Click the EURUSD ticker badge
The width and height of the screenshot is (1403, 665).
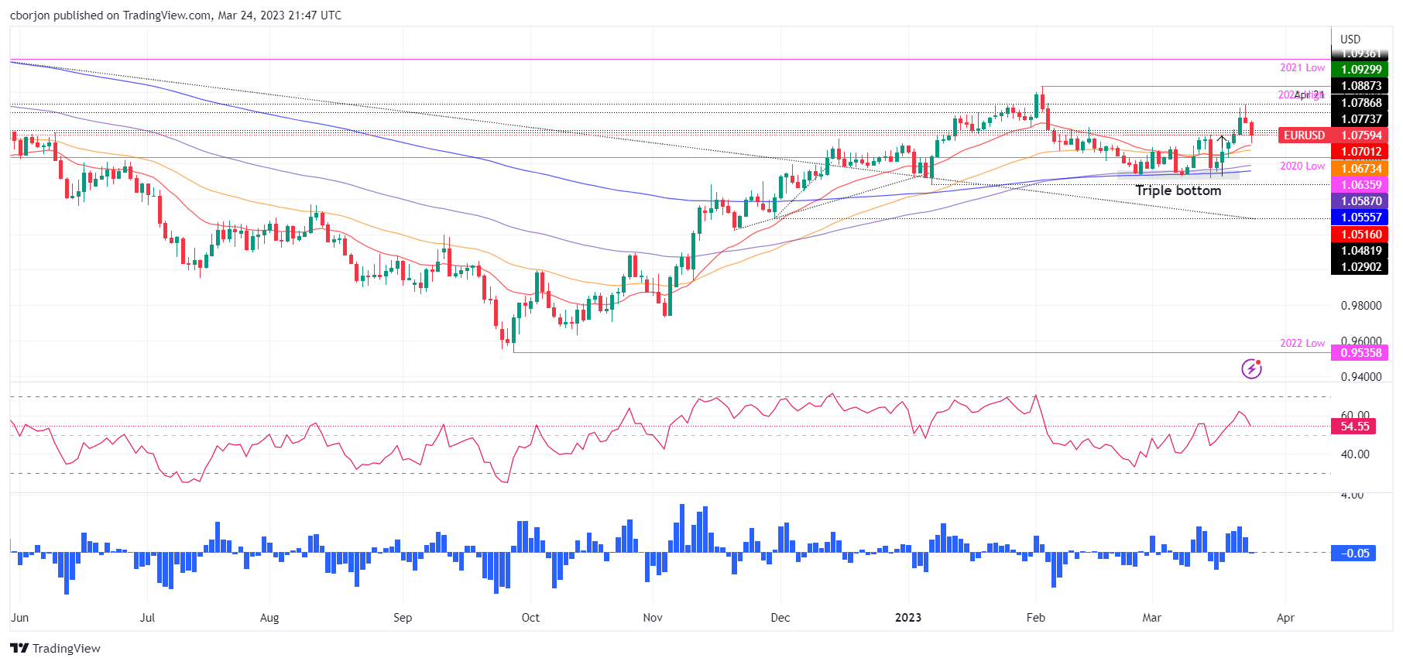1304,135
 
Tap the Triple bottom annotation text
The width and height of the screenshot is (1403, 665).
1178,190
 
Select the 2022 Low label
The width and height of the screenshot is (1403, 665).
1302,343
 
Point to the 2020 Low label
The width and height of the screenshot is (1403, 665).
1302,166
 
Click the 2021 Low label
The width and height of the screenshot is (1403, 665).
1302,68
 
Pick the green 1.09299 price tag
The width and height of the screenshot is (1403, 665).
1360,70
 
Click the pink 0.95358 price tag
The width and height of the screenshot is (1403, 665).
1360,353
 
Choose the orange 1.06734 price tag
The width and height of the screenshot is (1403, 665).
1360,169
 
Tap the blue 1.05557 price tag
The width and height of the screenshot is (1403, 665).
1360,218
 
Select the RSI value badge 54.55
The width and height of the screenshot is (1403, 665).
1354,427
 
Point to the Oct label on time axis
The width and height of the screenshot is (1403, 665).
530,618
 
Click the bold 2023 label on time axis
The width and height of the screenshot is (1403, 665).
907,618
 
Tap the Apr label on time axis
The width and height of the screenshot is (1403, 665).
1285,618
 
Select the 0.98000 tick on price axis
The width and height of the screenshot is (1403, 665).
1360,306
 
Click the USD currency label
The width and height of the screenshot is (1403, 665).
1350,39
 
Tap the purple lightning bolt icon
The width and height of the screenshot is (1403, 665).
1251,369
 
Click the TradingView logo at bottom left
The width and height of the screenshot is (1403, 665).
56,649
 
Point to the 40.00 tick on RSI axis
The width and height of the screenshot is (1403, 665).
1354,454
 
